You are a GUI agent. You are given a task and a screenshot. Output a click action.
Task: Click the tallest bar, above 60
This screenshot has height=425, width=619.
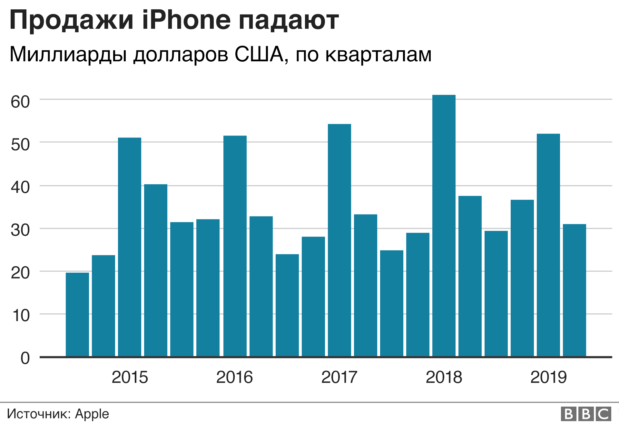444,226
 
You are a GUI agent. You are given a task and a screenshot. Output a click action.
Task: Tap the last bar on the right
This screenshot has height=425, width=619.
574,290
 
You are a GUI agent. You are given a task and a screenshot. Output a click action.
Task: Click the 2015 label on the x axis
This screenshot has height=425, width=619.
130,377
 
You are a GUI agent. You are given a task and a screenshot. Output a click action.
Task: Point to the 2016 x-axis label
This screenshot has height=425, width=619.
234,377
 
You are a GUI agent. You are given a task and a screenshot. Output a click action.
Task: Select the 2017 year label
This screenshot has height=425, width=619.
339,377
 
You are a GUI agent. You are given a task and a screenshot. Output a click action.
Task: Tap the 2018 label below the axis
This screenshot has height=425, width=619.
444,377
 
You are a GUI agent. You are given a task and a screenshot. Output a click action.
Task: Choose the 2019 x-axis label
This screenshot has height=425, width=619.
548,377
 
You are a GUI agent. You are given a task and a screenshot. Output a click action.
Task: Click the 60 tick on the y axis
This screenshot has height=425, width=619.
20,102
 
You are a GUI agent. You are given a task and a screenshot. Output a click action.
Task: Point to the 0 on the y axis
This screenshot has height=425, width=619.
25,358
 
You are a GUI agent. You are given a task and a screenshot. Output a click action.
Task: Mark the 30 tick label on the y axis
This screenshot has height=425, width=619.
20,230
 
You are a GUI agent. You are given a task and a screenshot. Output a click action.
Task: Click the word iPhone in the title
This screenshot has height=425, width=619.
186,20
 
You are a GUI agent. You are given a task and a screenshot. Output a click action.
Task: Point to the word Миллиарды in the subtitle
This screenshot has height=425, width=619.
68,54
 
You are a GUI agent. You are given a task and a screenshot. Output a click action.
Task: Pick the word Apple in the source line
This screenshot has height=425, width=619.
92,414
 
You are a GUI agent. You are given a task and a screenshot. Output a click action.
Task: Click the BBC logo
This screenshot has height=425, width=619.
586,414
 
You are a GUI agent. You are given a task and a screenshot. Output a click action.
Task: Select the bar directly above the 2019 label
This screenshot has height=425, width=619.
548,245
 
